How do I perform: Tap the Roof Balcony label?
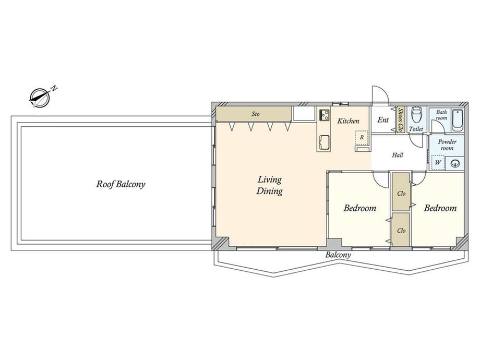tap(121, 184)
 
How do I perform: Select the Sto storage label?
tap(256, 114)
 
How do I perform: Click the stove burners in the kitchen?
tap(324, 115)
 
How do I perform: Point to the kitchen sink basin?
tap(324, 142)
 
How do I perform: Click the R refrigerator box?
tap(362, 137)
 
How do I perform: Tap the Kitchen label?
tap(349, 121)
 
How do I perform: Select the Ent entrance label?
tap(383, 119)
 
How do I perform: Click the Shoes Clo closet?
tap(400, 119)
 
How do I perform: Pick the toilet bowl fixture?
tap(416, 114)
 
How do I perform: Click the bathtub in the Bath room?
tap(458, 119)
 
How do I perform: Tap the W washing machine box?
tap(438, 163)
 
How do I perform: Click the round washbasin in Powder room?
tap(455, 163)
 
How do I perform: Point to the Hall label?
tap(398, 155)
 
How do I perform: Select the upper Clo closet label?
tap(401, 194)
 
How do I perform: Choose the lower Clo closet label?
tap(401, 230)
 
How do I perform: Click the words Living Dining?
tap(270, 185)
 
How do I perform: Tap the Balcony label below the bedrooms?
tap(338, 255)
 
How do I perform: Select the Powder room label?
tap(447, 145)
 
